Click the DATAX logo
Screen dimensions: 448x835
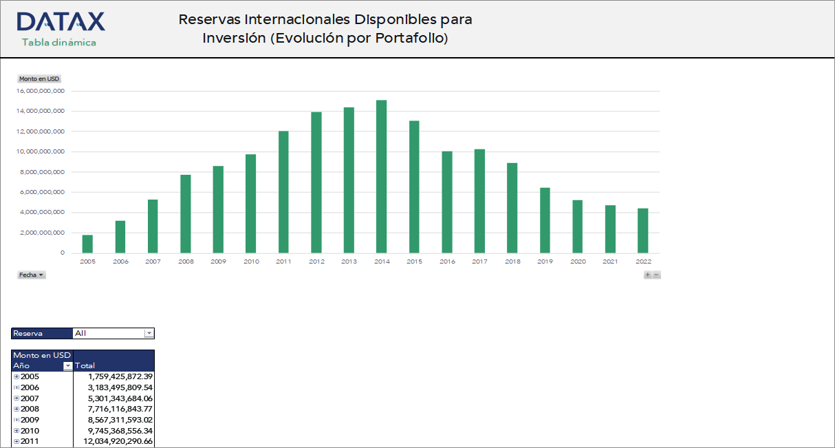coord(61,22)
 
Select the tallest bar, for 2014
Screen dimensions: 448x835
coord(381,176)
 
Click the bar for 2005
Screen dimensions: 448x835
coord(87,244)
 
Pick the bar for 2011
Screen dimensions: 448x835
coord(283,192)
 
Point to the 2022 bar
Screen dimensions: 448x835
coord(643,231)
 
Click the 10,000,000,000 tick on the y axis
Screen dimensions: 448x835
coord(40,151)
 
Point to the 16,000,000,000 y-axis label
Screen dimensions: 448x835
coord(40,91)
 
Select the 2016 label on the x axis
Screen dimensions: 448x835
coord(447,262)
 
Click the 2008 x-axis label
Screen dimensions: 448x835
coord(186,262)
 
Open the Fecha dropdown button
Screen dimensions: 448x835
coord(32,275)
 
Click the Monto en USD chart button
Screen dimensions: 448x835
coord(39,79)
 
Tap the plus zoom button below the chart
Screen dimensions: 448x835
coord(647,275)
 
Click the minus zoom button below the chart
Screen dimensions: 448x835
coord(656,275)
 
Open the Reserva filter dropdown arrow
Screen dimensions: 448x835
coord(149,334)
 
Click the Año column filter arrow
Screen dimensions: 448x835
coord(67,366)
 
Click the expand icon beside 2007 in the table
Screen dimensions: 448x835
coord(17,398)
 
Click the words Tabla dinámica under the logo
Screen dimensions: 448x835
coord(59,43)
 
